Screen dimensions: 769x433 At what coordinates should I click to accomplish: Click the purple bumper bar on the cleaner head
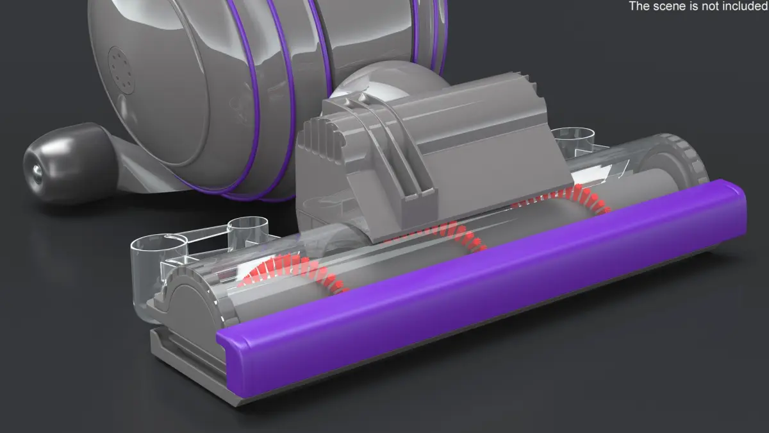481,285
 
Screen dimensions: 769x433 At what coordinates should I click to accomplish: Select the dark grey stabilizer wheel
69,163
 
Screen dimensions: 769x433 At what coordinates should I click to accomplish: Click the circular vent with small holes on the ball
121,71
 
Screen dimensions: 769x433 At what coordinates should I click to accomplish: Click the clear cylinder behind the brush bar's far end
574,139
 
